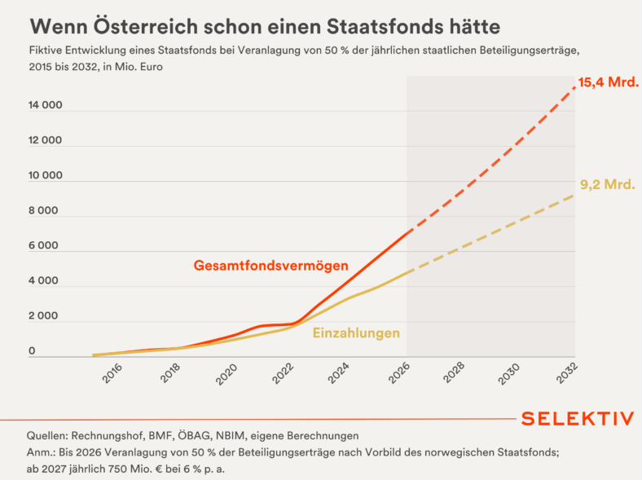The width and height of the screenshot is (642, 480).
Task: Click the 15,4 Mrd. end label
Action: (x=608, y=82)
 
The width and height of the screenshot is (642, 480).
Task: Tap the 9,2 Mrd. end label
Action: (x=608, y=185)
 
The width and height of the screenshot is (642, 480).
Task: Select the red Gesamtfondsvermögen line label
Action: (x=271, y=266)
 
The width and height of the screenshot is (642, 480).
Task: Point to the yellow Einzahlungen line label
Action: (x=356, y=333)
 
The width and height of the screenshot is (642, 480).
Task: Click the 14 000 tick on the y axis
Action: (x=46, y=105)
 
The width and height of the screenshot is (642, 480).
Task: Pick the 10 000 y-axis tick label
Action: (x=46, y=176)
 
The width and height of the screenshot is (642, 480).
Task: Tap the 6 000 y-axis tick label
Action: (x=43, y=246)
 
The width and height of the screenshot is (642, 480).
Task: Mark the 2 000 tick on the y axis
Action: (x=43, y=316)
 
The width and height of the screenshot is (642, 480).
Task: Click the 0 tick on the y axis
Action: (x=32, y=351)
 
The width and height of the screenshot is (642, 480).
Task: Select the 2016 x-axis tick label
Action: (x=112, y=373)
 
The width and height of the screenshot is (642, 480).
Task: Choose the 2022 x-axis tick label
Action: (x=283, y=373)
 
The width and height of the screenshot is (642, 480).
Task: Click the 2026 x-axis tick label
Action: (x=399, y=373)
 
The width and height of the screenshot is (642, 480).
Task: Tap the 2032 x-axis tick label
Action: (x=567, y=373)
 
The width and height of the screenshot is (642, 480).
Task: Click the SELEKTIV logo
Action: (x=578, y=419)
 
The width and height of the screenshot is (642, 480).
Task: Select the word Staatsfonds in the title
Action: (x=385, y=27)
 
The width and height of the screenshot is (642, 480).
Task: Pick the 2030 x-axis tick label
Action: (x=509, y=373)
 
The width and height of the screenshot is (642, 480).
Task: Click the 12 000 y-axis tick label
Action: (x=46, y=140)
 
